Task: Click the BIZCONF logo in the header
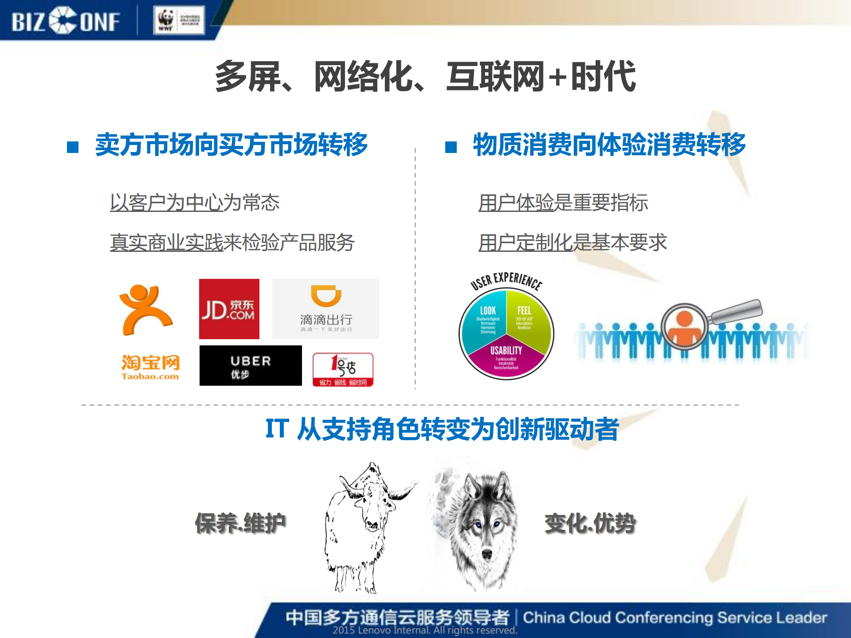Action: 66,21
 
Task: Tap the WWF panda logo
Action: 166,20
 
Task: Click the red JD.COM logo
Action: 229,309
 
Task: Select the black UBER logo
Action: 250,366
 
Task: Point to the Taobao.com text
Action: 150,376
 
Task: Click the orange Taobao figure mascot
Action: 145,309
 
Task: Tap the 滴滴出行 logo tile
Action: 325,309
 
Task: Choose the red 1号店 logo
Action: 343,369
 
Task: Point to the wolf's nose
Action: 486,554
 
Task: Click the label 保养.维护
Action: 240,523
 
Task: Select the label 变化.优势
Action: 590,523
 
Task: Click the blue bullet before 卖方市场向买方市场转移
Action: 73,147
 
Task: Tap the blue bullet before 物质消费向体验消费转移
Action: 451,147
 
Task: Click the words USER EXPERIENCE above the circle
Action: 506,280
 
